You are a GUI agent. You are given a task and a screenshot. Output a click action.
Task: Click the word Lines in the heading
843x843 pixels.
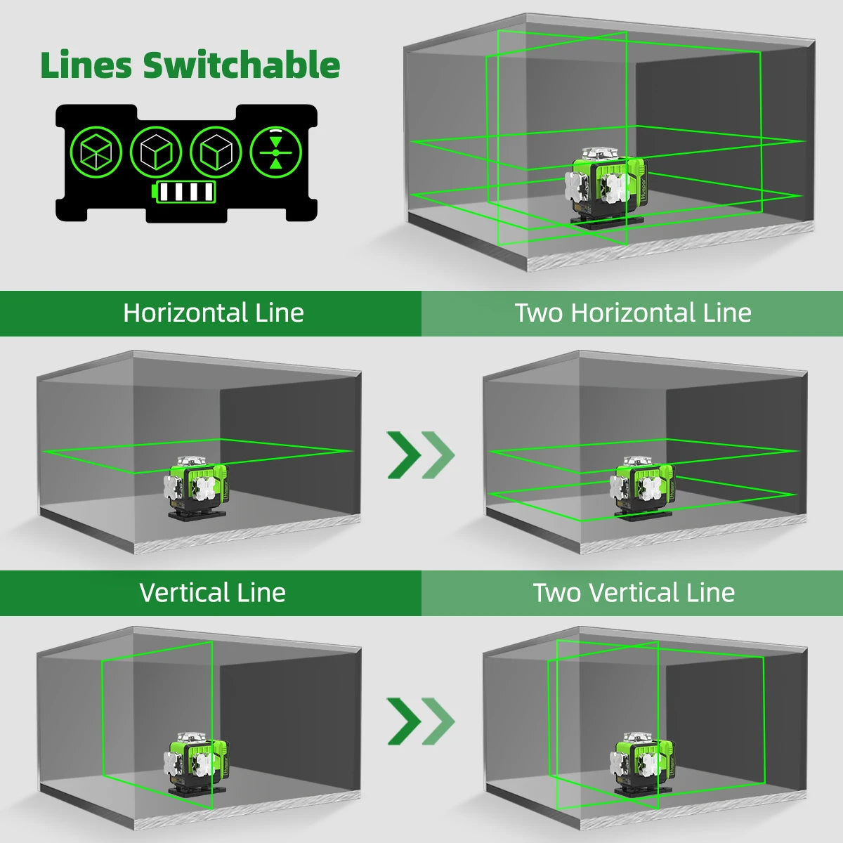[86, 65]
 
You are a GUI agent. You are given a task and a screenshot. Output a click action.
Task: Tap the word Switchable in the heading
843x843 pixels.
[241, 65]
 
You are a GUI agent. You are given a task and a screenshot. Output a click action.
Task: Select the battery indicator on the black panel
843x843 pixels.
[185, 192]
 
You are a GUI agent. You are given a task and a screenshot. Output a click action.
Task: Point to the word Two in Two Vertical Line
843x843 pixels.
[557, 593]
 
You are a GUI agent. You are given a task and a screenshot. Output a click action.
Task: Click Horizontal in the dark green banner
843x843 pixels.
[185, 313]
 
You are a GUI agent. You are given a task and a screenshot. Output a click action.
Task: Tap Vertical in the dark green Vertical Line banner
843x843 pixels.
[185, 593]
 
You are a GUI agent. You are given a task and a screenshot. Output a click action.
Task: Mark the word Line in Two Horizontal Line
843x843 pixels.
[727, 313]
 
